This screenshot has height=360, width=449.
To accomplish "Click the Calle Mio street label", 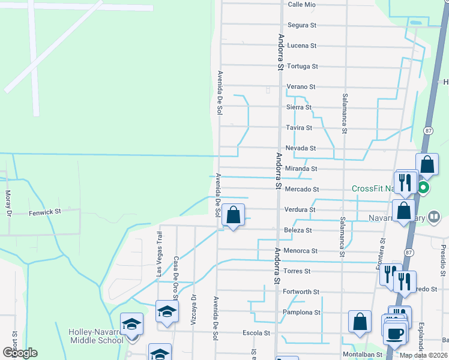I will (x=301, y=4).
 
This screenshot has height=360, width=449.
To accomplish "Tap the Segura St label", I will (x=301, y=25).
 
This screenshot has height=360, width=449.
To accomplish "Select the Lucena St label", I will (x=301, y=46).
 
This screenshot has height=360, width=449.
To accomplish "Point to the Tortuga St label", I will (x=302, y=66).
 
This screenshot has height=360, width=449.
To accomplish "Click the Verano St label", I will (x=301, y=86).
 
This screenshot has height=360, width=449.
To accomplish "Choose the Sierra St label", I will (x=299, y=107).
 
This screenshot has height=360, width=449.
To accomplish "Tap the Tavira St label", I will (x=299, y=128).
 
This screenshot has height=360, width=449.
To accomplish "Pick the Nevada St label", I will (x=300, y=148).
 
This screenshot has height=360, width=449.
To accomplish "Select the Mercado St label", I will (x=301, y=190).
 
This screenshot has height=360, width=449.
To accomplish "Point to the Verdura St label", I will (x=300, y=210).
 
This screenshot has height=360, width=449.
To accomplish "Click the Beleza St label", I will (x=298, y=230).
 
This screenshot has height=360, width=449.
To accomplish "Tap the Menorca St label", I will (x=300, y=251).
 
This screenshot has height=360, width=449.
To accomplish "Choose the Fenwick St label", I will (x=45, y=212).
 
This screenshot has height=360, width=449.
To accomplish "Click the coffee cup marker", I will (x=394, y=334).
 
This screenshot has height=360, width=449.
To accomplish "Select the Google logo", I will (x=19, y=353).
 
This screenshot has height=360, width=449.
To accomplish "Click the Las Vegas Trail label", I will (x=159, y=253).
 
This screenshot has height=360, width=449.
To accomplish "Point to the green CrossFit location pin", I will (x=423, y=188).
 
